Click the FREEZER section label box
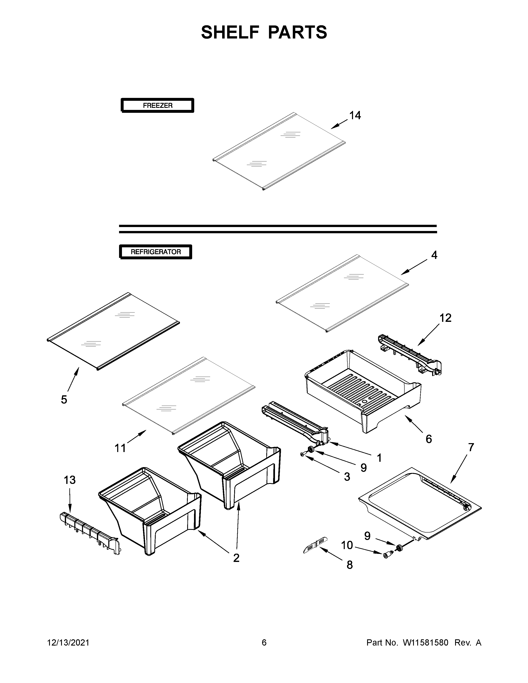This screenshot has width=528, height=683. pyautogui.click(x=157, y=105)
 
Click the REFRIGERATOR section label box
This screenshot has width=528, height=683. pyautogui.click(x=156, y=252)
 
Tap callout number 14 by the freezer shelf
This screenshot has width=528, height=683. pyautogui.click(x=355, y=115)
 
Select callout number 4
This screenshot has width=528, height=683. pyautogui.click(x=434, y=255)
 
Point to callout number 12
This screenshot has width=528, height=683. pyautogui.click(x=445, y=318)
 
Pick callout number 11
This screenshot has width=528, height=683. pyautogui.click(x=120, y=448)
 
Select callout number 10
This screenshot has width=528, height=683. pyautogui.click(x=347, y=545)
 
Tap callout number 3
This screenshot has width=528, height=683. pyautogui.click(x=347, y=477)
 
